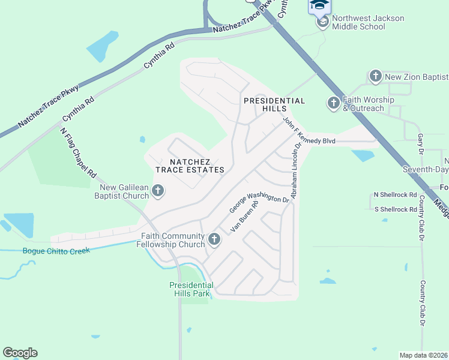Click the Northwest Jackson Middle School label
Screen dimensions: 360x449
point(367,22)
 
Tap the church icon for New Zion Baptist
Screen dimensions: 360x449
point(376,76)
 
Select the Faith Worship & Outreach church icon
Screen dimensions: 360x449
point(334,103)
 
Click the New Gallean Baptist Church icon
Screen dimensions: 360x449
point(158,191)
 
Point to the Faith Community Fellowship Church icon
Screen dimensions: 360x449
point(214,240)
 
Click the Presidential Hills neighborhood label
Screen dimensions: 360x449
point(274,104)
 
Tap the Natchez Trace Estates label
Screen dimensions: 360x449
point(190,166)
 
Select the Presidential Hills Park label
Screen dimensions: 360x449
point(191,289)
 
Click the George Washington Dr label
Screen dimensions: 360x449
point(259,202)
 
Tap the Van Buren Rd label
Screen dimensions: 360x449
point(244,217)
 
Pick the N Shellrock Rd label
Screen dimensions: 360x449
point(395,194)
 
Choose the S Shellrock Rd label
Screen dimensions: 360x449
point(395,209)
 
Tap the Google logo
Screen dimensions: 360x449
point(20,352)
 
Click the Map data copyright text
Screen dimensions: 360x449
point(423,355)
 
